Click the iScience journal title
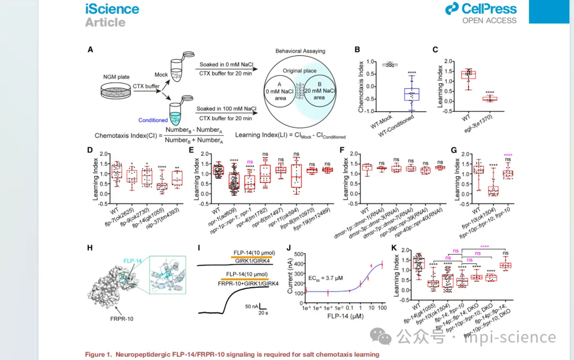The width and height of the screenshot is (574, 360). [x=112, y=9]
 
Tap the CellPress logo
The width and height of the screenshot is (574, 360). [x=481, y=9]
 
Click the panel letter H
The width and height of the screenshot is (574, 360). [x=90, y=248]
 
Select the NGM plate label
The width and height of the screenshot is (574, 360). [x=116, y=77]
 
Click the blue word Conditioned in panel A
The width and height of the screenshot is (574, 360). [x=153, y=120]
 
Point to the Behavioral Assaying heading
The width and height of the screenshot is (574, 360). [x=300, y=51]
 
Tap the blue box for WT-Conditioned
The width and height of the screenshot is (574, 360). [x=411, y=94]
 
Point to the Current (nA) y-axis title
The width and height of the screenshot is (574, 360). [x=291, y=277]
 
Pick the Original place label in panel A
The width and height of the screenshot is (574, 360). [x=300, y=71]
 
